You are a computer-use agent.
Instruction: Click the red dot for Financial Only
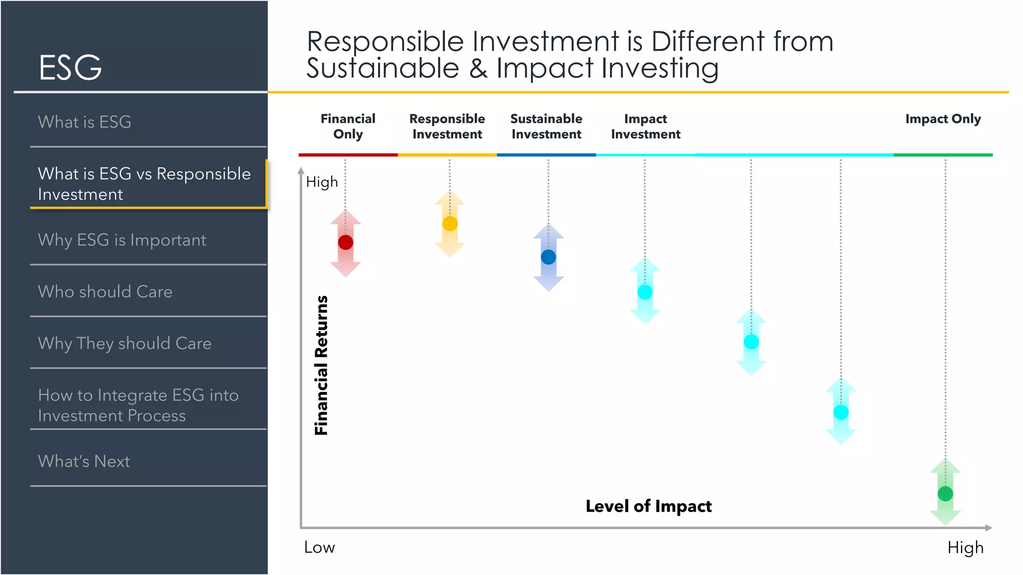tap(346, 243)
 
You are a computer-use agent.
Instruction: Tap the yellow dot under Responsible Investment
tap(450, 223)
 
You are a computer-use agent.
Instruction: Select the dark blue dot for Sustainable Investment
tap(548, 257)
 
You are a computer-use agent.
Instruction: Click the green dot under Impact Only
tap(945, 494)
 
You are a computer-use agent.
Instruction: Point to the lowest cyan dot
tap(841, 412)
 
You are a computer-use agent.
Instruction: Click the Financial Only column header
tap(348, 126)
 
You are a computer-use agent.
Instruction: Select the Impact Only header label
tap(943, 119)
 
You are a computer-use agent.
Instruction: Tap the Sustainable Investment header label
tap(546, 126)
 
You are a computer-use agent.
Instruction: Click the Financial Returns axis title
tap(321, 365)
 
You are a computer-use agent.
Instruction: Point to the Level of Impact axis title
tap(648, 506)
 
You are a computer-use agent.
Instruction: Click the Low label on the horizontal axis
tap(319, 548)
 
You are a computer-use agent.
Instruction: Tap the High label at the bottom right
tap(965, 548)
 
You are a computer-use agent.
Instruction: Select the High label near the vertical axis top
tap(322, 182)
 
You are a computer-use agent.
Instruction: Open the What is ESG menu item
tap(85, 122)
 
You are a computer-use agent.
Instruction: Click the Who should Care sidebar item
tap(105, 291)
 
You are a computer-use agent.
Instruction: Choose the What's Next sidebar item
tap(84, 461)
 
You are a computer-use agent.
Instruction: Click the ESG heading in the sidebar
tap(70, 67)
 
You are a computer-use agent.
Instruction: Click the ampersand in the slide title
tap(478, 68)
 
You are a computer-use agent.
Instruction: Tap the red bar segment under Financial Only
tap(348, 155)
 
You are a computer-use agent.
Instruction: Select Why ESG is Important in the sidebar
tap(122, 240)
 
